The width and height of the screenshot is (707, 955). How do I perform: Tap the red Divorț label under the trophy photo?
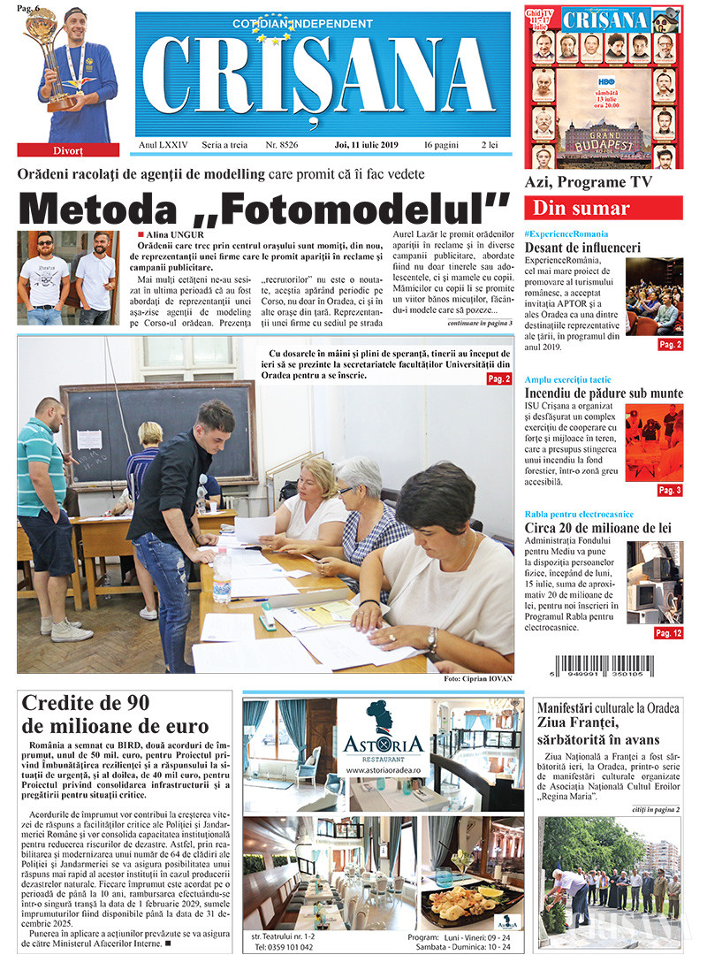(68, 149)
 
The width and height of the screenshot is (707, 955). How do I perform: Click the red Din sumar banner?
(603, 209)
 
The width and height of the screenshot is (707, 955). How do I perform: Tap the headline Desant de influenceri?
(582, 248)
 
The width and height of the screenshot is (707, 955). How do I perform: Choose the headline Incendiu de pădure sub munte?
(604, 393)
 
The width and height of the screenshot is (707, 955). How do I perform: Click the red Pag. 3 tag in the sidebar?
(669, 490)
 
